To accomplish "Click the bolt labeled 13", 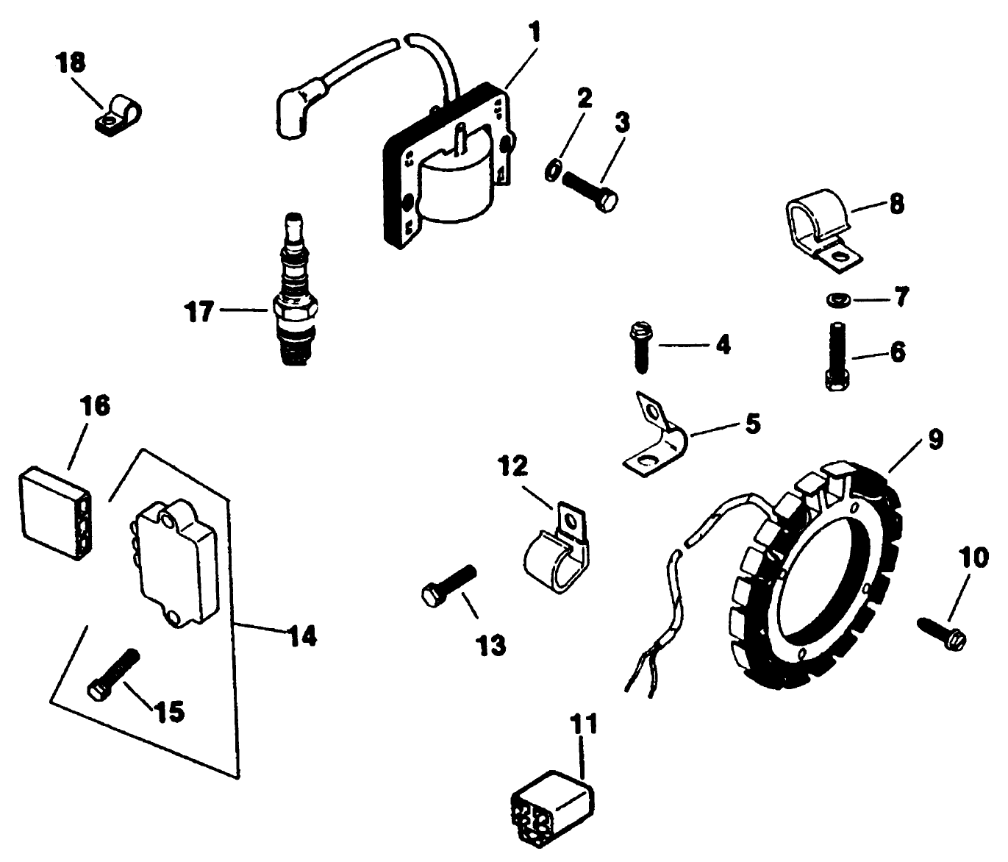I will click(x=449, y=582).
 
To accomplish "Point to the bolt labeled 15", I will click(x=113, y=672).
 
